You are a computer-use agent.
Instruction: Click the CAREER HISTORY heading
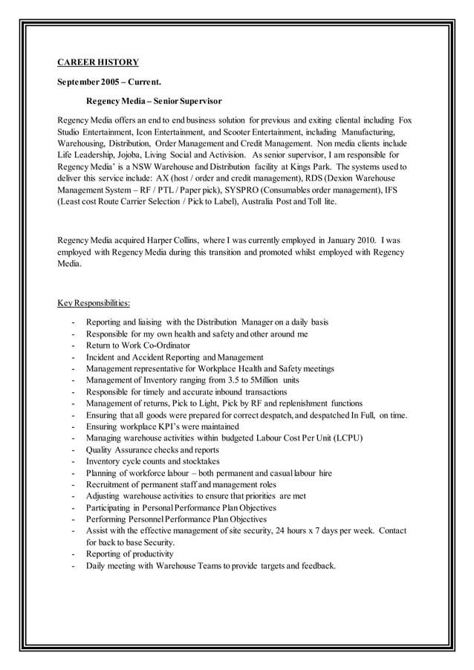point(98,62)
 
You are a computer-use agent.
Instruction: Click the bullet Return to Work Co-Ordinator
point(137,345)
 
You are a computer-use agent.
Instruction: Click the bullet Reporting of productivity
point(129,553)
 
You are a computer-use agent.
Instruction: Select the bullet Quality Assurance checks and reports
point(152,449)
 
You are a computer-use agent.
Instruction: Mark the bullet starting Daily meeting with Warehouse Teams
point(210,565)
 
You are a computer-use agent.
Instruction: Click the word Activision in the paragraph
point(227,155)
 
